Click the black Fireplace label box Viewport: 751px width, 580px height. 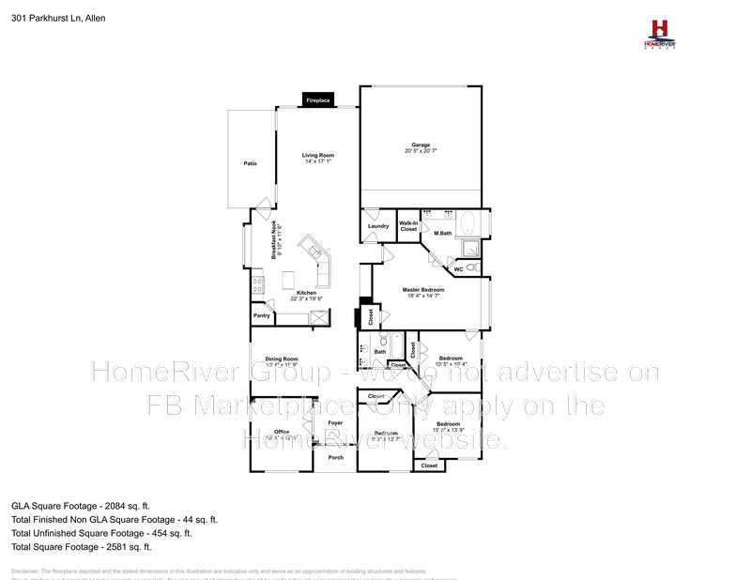317,99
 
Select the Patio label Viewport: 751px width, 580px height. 251,164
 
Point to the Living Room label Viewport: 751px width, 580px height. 317,155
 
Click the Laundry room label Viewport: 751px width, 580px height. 378,225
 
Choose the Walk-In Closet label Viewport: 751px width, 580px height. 408,225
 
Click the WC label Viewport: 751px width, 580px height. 458,269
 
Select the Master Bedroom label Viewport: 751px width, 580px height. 423,290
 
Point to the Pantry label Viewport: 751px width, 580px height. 262,316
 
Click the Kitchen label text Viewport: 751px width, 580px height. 307,293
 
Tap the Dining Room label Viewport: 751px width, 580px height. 281,359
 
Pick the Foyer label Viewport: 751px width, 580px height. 335,423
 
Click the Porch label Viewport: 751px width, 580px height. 335,457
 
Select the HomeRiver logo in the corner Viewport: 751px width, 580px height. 658,35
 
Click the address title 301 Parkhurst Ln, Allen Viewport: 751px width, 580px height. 58,18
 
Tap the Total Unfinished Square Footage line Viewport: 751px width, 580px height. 101,532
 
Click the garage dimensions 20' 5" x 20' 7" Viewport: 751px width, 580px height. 421,150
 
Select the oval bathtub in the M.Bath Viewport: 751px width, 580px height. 471,224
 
